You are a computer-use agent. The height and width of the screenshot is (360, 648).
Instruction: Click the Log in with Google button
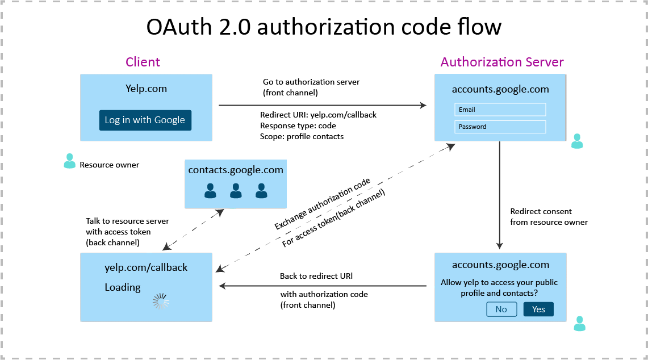pos(145,120)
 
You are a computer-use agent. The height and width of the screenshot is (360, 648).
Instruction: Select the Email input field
pos(500,110)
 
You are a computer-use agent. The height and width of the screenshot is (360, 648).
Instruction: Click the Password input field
pos(500,127)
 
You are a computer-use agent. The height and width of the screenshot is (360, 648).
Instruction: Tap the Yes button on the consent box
pos(538,309)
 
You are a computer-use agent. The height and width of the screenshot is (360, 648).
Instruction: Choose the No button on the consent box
pos(501,309)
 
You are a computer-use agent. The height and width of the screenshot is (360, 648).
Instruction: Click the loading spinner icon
pos(161,302)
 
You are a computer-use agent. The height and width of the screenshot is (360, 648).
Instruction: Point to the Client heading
pos(143,62)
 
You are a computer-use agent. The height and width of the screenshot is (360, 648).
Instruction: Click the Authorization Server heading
pos(502,62)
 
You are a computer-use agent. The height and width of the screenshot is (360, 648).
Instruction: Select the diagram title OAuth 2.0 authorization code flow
pos(324,27)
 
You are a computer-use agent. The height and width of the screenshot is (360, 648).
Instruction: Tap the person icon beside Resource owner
pos(69,161)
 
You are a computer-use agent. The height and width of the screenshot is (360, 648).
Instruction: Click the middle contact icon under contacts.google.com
pos(236,191)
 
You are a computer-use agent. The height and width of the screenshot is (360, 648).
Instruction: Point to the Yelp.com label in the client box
pos(146,89)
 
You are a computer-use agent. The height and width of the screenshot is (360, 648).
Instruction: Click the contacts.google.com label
pos(236,170)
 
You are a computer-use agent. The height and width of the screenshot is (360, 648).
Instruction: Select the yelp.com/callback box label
pos(146,267)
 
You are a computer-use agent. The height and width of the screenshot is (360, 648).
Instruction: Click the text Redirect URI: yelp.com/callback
pos(318,115)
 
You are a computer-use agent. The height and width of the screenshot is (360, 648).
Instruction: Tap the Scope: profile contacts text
pos(302,136)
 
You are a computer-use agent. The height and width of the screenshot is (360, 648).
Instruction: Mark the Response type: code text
pos(298,125)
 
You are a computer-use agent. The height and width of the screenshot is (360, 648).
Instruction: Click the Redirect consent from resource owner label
pos(548,216)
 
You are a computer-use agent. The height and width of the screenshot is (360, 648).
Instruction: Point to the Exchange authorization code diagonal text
pos(322,204)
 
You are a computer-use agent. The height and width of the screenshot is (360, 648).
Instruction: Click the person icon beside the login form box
pos(577,141)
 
